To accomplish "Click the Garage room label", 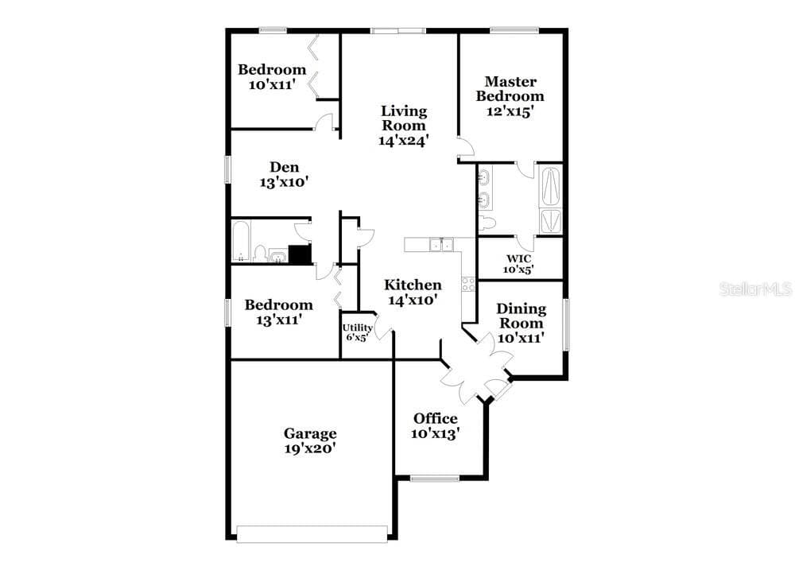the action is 310,433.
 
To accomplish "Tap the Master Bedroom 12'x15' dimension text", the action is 510,111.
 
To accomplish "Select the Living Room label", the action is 404,118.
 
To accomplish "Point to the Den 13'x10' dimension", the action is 285,182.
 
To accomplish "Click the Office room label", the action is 436,418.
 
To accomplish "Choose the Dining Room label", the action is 522,316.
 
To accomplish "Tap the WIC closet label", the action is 518,258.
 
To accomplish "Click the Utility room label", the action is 358,328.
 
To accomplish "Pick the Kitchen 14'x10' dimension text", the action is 413,301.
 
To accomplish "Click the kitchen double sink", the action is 441,244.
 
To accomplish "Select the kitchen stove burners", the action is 468,285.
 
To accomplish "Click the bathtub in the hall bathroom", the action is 242,241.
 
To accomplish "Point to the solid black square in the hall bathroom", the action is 300,254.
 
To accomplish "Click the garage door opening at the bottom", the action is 312,534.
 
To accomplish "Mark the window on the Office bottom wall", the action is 435,478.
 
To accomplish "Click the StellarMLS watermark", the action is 755,289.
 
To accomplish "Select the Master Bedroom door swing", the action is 465,147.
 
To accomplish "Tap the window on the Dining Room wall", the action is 566,324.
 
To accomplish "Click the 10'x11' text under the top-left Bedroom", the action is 272,84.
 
